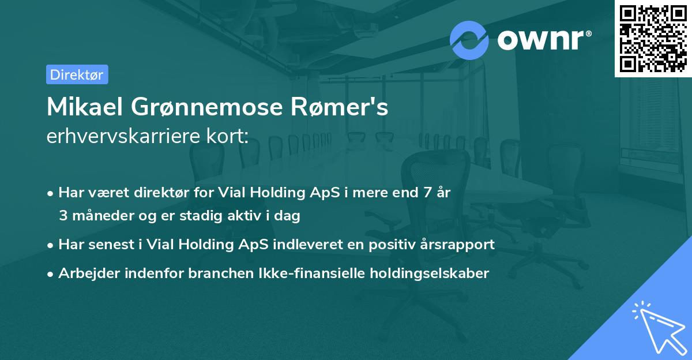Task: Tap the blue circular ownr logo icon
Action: point(469,40)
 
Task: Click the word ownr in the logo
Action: point(543,40)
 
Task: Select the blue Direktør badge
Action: point(77,74)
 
